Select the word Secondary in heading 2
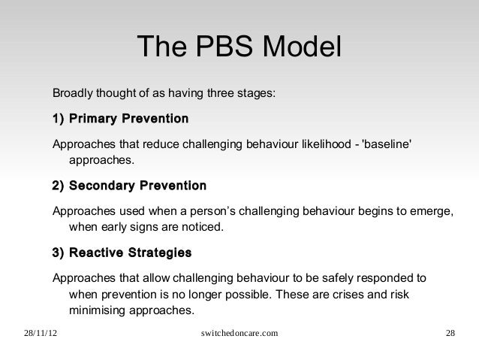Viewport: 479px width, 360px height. point(104,185)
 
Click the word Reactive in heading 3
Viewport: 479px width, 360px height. point(98,251)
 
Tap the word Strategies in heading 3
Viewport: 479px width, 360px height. point(159,251)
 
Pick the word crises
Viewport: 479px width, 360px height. point(362,293)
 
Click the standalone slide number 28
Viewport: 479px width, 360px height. point(449,333)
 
